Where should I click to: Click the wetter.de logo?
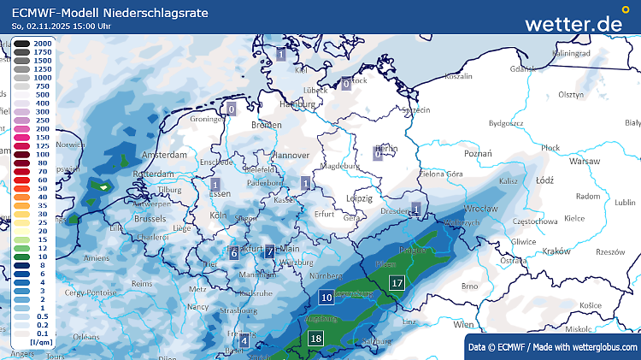point(573,23)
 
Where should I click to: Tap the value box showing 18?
point(316,338)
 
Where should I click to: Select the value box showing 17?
point(397,283)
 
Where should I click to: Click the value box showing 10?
point(326,298)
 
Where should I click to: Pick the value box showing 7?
point(269,251)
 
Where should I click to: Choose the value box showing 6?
point(233,252)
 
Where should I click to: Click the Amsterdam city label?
point(164,156)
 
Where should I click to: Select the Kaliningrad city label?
point(572,54)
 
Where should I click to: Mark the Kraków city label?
point(556,251)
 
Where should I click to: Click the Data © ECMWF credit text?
point(551,346)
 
